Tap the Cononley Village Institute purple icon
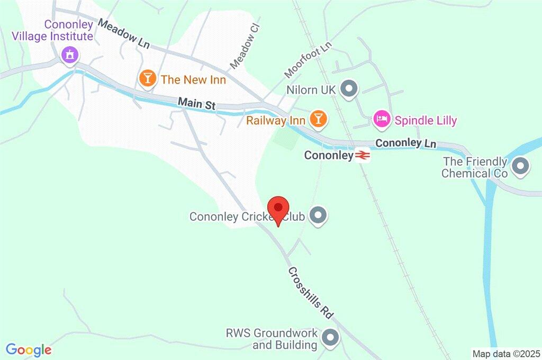tap(69, 55)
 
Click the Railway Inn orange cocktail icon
tap(318, 118)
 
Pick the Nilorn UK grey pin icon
tap(348, 89)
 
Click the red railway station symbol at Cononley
tap(363, 156)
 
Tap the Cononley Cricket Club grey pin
tap(318, 215)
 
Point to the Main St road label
tap(196, 103)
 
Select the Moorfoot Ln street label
tap(307, 59)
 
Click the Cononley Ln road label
tap(405, 143)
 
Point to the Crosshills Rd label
tap(311, 293)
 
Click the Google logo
tap(29, 350)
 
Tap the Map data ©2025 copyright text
tap(505, 354)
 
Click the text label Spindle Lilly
tap(425, 121)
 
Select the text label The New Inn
tap(193, 80)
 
